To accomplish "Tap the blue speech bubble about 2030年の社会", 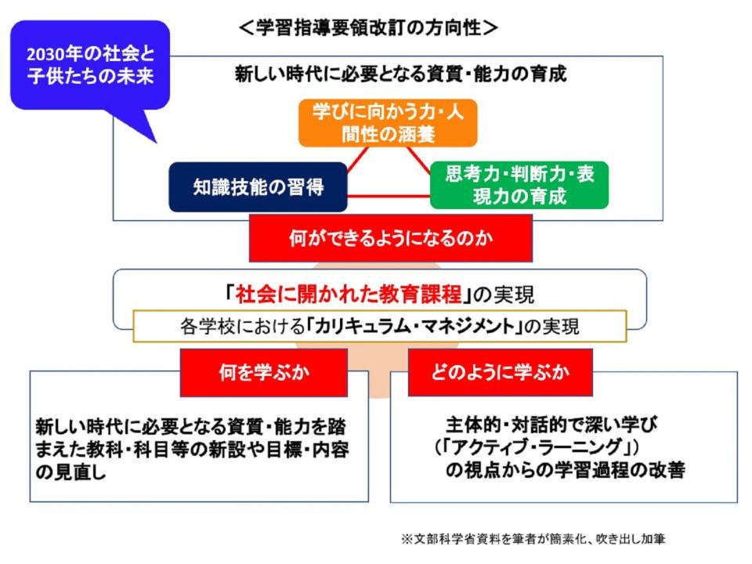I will coord(89,66).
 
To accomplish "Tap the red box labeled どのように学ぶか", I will coord(501,372).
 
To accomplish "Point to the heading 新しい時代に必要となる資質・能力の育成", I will coord(400,74).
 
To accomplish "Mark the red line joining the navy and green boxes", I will coord(389,195).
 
